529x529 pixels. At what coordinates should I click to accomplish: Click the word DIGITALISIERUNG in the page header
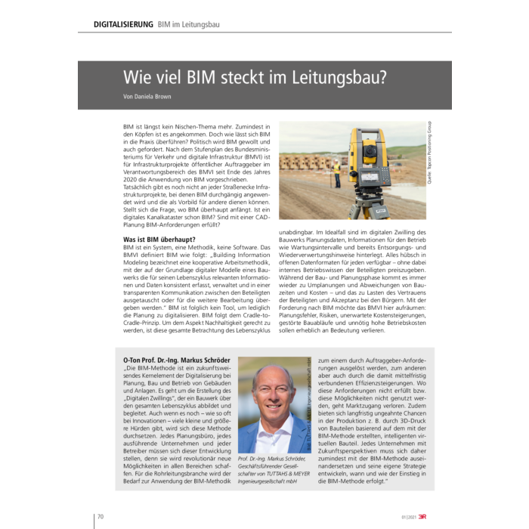pyautogui.click(x=123, y=24)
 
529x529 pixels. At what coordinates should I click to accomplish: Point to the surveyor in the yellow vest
pyautogui.click(x=336, y=173)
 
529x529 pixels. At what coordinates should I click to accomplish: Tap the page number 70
pyautogui.click(x=101, y=517)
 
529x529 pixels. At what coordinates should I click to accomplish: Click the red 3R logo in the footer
pyautogui.click(x=428, y=517)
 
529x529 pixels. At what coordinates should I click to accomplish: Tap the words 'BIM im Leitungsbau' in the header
pyautogui.click(x=189, y=24)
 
